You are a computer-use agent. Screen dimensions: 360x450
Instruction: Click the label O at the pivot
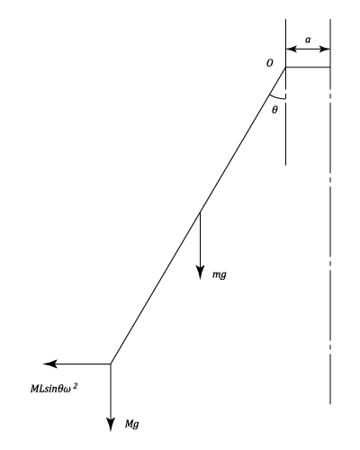coord(270,63)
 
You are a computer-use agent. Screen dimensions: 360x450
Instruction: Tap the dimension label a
coord(308,40)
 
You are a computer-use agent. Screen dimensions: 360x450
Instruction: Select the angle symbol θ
coord(274,110)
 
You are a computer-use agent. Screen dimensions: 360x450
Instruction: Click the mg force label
coord(220,274)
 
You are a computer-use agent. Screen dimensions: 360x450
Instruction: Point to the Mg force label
coord(132,424)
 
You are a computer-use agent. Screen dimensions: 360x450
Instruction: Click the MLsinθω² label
coord(54,388)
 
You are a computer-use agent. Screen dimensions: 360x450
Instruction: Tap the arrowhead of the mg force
coord(200,273)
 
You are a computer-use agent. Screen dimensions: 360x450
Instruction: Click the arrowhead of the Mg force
coord(111,424)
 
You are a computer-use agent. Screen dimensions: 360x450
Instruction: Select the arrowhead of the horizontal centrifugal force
coord(50,364)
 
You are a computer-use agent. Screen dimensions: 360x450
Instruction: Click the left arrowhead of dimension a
coord(292,49)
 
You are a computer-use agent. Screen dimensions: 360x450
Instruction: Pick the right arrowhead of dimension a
coord(324,49)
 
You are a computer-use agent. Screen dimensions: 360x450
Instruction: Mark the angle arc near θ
coord(276,97)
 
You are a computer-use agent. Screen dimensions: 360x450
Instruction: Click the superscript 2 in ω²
coord(75,386)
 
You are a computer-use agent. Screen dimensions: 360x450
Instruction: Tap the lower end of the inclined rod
coord(111,364)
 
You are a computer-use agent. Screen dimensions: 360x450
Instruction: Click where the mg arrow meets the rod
coord(200,212)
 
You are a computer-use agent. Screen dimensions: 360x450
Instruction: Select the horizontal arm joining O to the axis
coord(308,67)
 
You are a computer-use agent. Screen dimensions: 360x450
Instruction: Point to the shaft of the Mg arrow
coord(111,391)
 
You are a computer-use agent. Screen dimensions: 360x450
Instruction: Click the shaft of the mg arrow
coord(200,239)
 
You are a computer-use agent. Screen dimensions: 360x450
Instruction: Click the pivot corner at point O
coord(285,67)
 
